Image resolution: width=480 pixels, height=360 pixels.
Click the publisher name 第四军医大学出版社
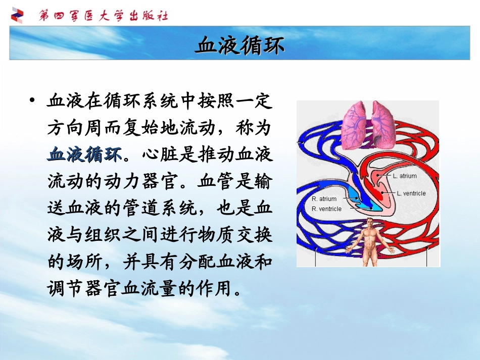tap(104, 16)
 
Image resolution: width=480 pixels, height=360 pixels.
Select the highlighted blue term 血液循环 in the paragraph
tap(85, 154)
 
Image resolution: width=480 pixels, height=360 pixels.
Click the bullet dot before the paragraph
tap(33, 100)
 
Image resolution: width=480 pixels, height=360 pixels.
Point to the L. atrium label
tap(405, 176)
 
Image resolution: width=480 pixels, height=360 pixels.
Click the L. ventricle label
tap(411, 193)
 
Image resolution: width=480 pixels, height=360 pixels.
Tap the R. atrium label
tap(324, 199)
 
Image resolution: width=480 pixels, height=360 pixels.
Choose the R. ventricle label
tap(326, 209)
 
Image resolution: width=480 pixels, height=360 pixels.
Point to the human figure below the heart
tap(370, 242)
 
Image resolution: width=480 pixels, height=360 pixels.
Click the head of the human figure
tap(370, 222)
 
